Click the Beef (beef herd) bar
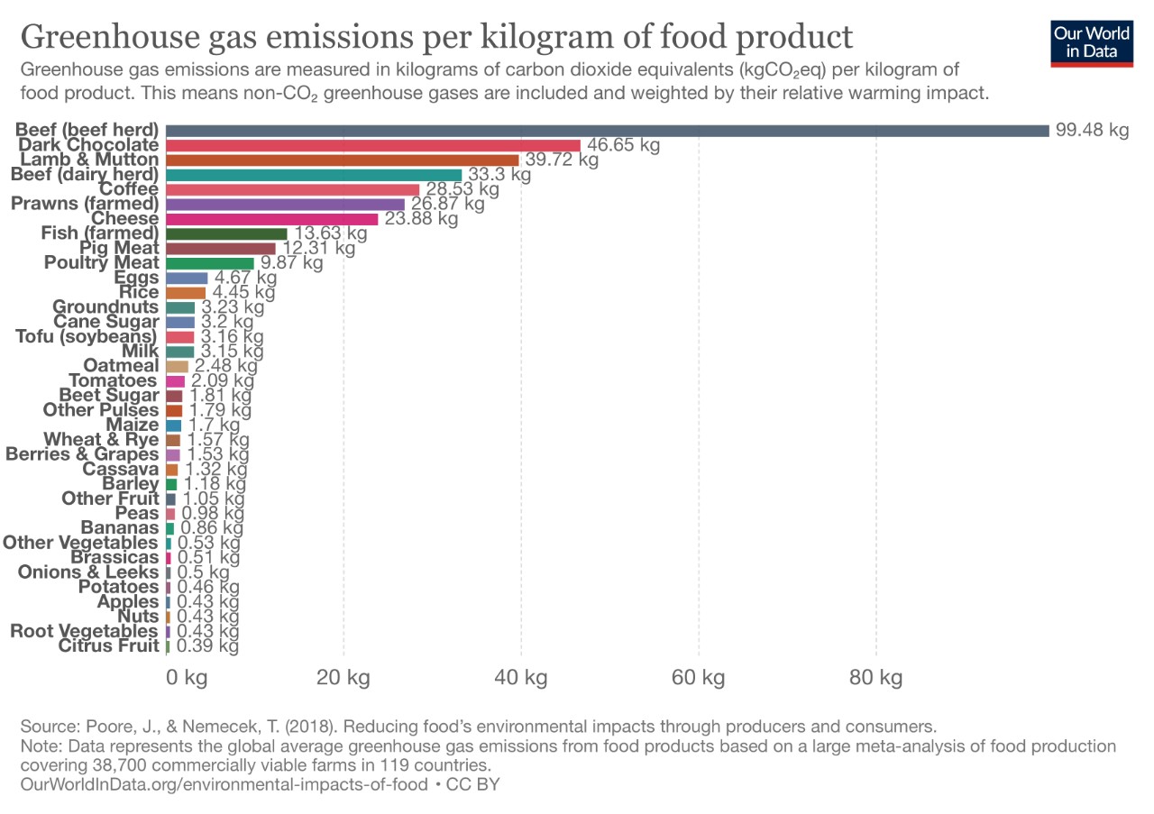607,130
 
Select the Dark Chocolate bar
373,145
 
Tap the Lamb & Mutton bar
343,160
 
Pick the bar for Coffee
293,189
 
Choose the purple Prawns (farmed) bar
286,204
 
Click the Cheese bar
272,219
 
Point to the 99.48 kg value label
1092,130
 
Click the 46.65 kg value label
624,145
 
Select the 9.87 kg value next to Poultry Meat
291,263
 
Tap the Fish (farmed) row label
99,233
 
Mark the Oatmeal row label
121,366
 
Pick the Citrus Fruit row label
108,645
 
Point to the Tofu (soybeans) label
87,336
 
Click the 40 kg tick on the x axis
520,678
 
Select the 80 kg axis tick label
875,678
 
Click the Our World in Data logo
1091,42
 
